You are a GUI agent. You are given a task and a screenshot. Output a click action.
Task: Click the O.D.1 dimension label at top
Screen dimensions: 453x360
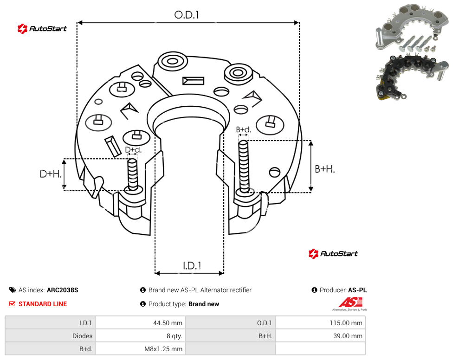(x=187, y=15)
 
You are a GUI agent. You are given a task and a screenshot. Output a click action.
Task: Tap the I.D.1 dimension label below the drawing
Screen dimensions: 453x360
(x=192, y=266)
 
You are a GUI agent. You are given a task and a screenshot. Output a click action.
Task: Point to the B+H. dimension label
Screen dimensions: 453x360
(x=325, y=169)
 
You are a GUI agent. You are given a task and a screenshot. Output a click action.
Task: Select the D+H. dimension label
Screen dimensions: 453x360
(x=51, y=174)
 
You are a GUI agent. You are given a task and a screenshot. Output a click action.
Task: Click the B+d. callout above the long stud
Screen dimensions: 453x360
(x=244, y=129)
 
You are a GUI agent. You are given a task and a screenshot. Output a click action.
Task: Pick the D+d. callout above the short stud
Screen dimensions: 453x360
(x=133, y=150)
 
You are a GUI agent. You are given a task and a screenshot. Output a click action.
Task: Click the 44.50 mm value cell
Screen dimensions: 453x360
(x=168, y=323)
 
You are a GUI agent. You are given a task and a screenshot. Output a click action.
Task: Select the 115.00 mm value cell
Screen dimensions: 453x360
(x=346, y=323)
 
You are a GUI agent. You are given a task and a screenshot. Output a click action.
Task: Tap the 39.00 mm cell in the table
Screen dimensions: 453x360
(x=348, y=336)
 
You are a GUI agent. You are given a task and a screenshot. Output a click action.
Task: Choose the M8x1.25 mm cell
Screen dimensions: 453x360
(x=163, y=349)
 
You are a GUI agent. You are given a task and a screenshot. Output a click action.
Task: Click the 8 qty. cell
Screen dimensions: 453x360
(x=174, y=336)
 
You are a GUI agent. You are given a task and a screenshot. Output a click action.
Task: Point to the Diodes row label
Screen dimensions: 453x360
(x=82, y=336)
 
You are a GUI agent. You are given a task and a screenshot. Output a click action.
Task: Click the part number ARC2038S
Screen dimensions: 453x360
(x=62, y=290)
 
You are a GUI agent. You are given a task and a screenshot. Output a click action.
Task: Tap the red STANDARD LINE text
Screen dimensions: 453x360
(x=43, y=304)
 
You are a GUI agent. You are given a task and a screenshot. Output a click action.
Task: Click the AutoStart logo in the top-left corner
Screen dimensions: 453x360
(x=42, y=29)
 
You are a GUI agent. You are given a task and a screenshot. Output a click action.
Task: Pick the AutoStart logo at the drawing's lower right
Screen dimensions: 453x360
(x=333, y=254)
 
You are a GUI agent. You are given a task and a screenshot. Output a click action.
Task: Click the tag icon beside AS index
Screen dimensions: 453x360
(x=13, y=290)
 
